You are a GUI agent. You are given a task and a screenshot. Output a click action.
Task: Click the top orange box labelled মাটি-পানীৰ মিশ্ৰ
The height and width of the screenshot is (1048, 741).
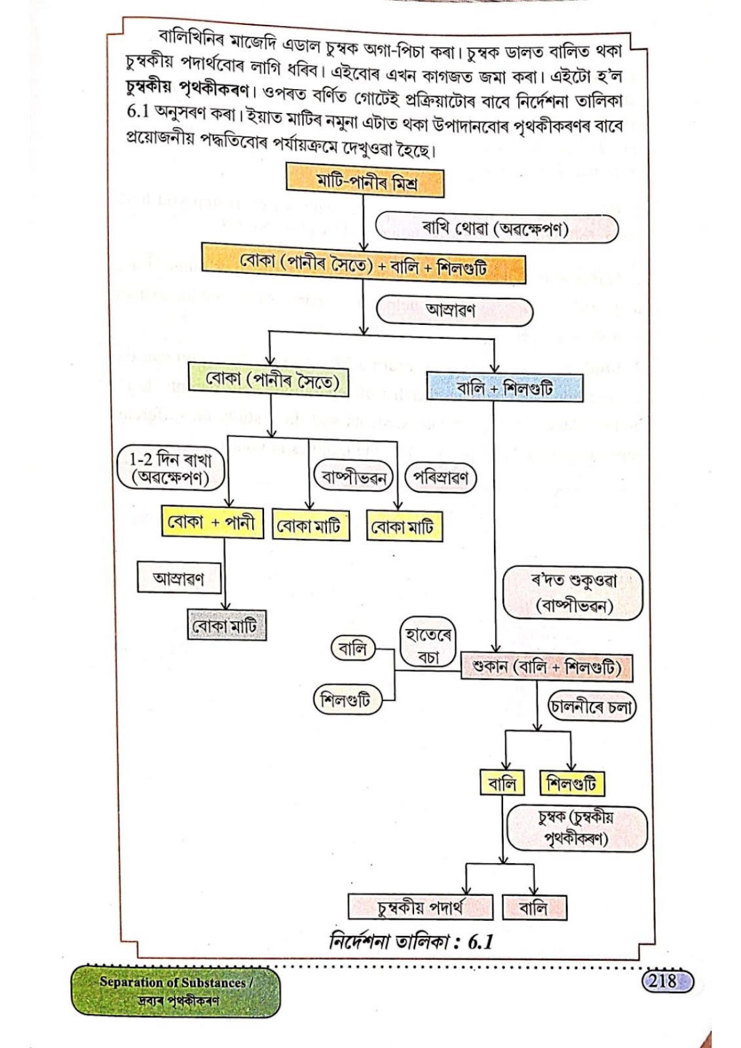(365, 180)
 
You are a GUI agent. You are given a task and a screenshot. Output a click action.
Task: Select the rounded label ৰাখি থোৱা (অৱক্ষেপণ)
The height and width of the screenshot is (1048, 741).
(497, 229)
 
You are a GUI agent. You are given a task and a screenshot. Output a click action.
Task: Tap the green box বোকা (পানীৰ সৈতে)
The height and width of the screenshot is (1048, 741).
(268, 380)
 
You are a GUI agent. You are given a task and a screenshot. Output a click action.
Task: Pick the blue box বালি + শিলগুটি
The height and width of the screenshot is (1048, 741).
(504, 387)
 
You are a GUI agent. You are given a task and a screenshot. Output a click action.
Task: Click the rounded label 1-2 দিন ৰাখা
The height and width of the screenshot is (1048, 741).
(170, 468)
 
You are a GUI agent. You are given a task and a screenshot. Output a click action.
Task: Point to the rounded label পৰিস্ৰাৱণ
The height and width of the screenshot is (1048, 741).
(440, 477)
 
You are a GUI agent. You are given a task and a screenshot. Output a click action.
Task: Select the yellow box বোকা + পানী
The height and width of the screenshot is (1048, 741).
(212, 521)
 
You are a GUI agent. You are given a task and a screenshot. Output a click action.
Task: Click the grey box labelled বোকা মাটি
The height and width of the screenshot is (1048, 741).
(227, 625)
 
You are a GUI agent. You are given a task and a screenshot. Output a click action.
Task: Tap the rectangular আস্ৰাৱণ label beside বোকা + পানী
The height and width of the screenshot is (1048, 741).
(179, 578)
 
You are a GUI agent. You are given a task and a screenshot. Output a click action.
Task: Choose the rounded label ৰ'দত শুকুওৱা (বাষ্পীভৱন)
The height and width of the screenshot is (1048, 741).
(573, 593)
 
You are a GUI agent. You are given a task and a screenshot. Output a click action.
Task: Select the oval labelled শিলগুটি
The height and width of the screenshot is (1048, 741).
(347, 700)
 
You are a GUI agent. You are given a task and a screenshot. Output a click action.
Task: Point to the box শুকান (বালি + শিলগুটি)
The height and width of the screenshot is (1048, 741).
(546, 667)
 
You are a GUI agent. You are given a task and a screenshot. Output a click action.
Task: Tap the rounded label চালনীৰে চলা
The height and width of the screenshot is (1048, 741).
(592, 707)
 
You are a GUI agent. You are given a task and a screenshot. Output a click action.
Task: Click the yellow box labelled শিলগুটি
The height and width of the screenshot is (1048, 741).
(572, 783)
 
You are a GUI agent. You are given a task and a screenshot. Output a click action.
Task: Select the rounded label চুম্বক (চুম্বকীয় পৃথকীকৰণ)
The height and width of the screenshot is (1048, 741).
(578, 829)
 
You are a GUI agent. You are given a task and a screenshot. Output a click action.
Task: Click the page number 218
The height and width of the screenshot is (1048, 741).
(667, 980)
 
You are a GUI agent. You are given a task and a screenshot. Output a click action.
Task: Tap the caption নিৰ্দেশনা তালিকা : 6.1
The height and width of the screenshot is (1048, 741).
(411, 941)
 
